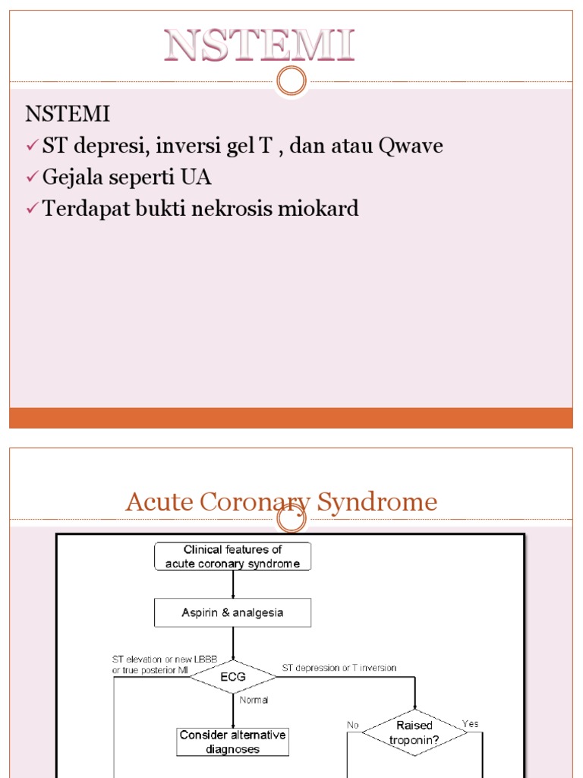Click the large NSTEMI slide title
click(260, 46)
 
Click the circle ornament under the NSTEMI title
click(291, 81)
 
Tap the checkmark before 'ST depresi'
click(32, 146)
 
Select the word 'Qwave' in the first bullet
click(410, 146)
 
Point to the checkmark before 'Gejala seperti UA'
click(32, 178)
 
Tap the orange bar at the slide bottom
click(291, 418)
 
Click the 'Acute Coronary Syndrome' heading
click(281, 501)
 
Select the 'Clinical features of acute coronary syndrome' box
click(232, 556)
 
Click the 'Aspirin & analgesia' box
click(232, 612)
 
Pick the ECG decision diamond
click(232, 676)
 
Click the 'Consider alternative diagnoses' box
click(232, 742)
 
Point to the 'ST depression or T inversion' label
click(339, 668)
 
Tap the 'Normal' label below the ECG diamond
click(254, 700)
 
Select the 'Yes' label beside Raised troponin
click(471, 723)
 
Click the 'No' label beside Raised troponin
click(353, 725)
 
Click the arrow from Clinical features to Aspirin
click(233, 584)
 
